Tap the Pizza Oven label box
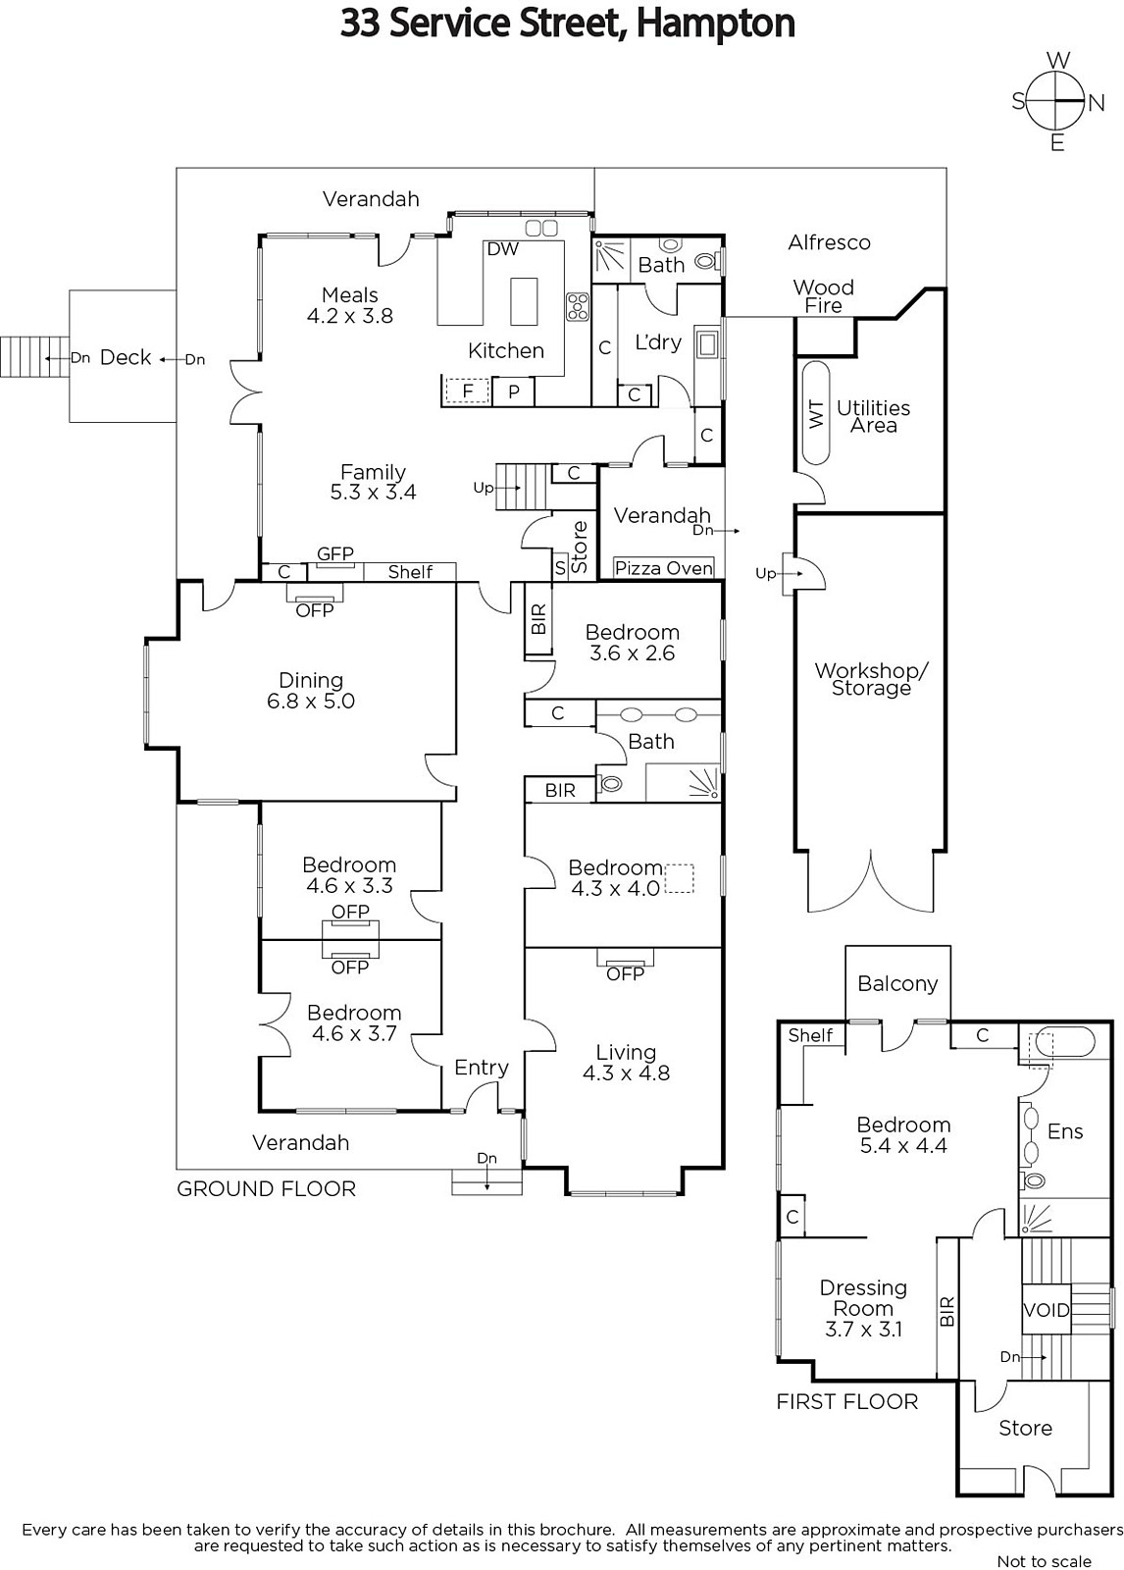664,568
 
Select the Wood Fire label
823,296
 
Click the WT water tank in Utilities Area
816,413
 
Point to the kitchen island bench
524,301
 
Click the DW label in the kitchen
502,249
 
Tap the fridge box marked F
468,392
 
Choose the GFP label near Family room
335,554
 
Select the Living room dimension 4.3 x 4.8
626,1073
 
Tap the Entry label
481,1068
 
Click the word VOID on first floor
1047,1310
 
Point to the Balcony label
897,983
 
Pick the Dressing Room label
863,1297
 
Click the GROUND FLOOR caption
266,1188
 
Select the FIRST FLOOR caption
847,1401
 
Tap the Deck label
126,357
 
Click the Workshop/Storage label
871,679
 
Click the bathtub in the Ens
1063,1042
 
